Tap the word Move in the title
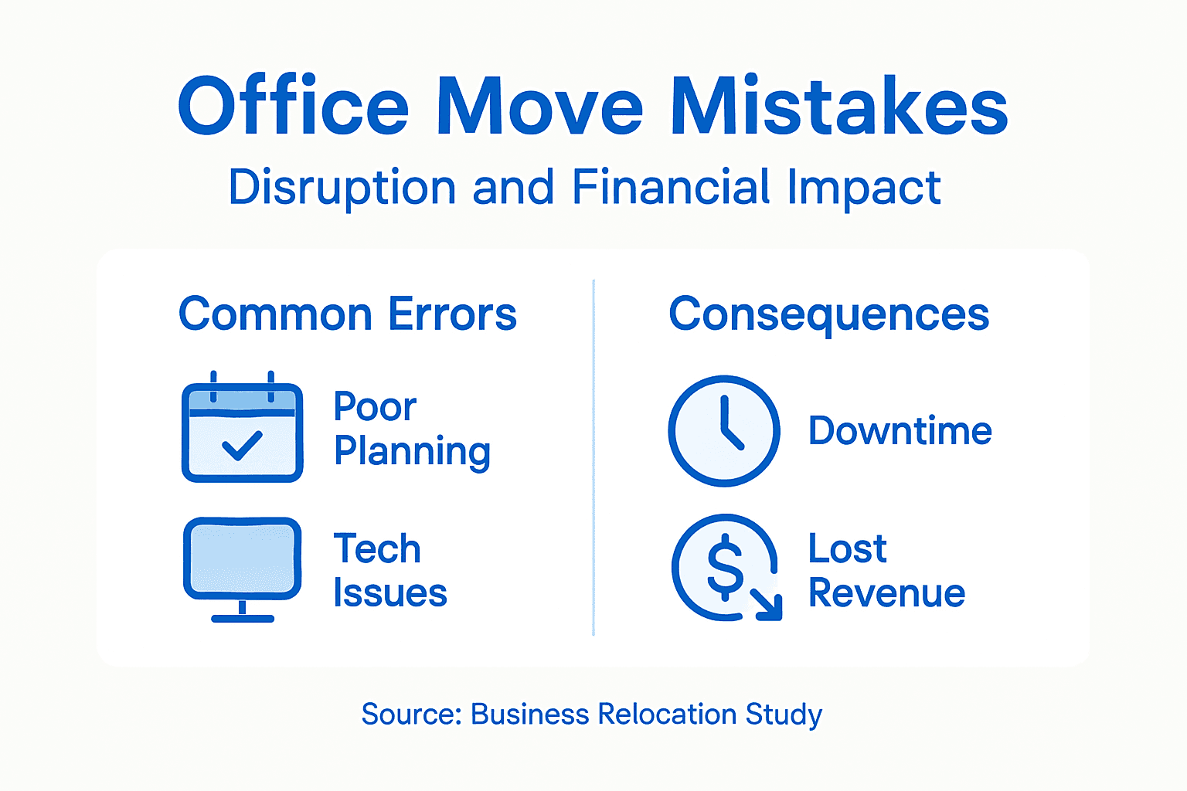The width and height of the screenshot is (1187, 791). tap(539, 106)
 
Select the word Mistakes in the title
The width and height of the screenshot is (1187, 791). tap(838, 106)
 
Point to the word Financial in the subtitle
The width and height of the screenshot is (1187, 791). tap(672, 188)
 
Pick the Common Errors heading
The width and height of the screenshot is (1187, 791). tap(348, 314)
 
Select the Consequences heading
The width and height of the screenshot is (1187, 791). tap(829, 314)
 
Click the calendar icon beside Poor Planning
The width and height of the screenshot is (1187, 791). tap(242, 429)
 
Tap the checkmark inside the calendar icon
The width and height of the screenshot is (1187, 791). tap(242, 445)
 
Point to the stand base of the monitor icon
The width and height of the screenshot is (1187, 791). tap(243, 618)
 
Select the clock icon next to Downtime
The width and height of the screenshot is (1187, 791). tap(724, 431)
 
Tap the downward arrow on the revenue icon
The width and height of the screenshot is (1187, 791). tap(768, 605)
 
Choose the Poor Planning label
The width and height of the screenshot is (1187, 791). tap(412, 429)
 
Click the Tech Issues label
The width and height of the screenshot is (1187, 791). tap(390, 571)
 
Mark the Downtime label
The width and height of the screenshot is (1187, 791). tap(900, 431)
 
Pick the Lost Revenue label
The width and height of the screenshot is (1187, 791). tap(886, 571)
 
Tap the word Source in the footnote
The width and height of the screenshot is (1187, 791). tap(410, 715)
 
